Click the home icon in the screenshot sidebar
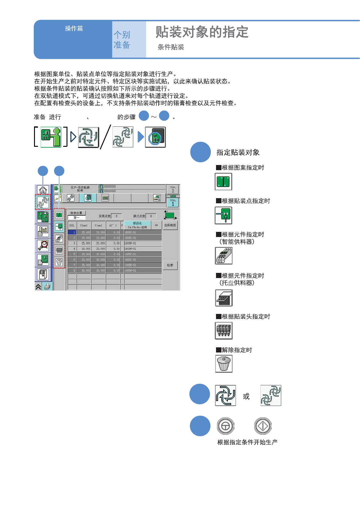click(43, 190)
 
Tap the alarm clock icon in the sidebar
click(43, 245)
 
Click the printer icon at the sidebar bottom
click(47, 286)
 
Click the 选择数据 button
click(170, 225)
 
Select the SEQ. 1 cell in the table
click(72, 232)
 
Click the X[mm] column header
click(84, 225)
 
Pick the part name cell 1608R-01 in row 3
click(142, 243)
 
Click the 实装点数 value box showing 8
click(116, 216)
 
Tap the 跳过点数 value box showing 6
click(151, 216)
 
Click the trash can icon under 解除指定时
click(224, 364)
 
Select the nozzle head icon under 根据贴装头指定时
click(224, 330)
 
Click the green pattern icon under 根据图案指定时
click(224, 181)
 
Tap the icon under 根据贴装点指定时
click(224, 215)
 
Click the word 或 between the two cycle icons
click(246, 396)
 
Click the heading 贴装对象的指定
click(202, 32)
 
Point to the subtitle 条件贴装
click(171, 47)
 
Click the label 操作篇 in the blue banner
click(74, 29)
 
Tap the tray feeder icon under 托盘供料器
click(224, 298)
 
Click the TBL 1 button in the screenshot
click(173, 202)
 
